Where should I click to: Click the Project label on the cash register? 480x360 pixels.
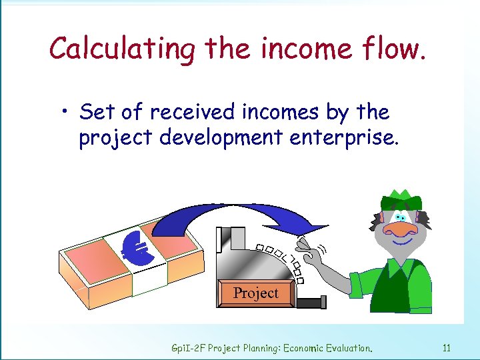pyautogui.click(x=256, y=293)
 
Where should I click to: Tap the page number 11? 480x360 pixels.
pyautogui.click(x=447, y=347)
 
